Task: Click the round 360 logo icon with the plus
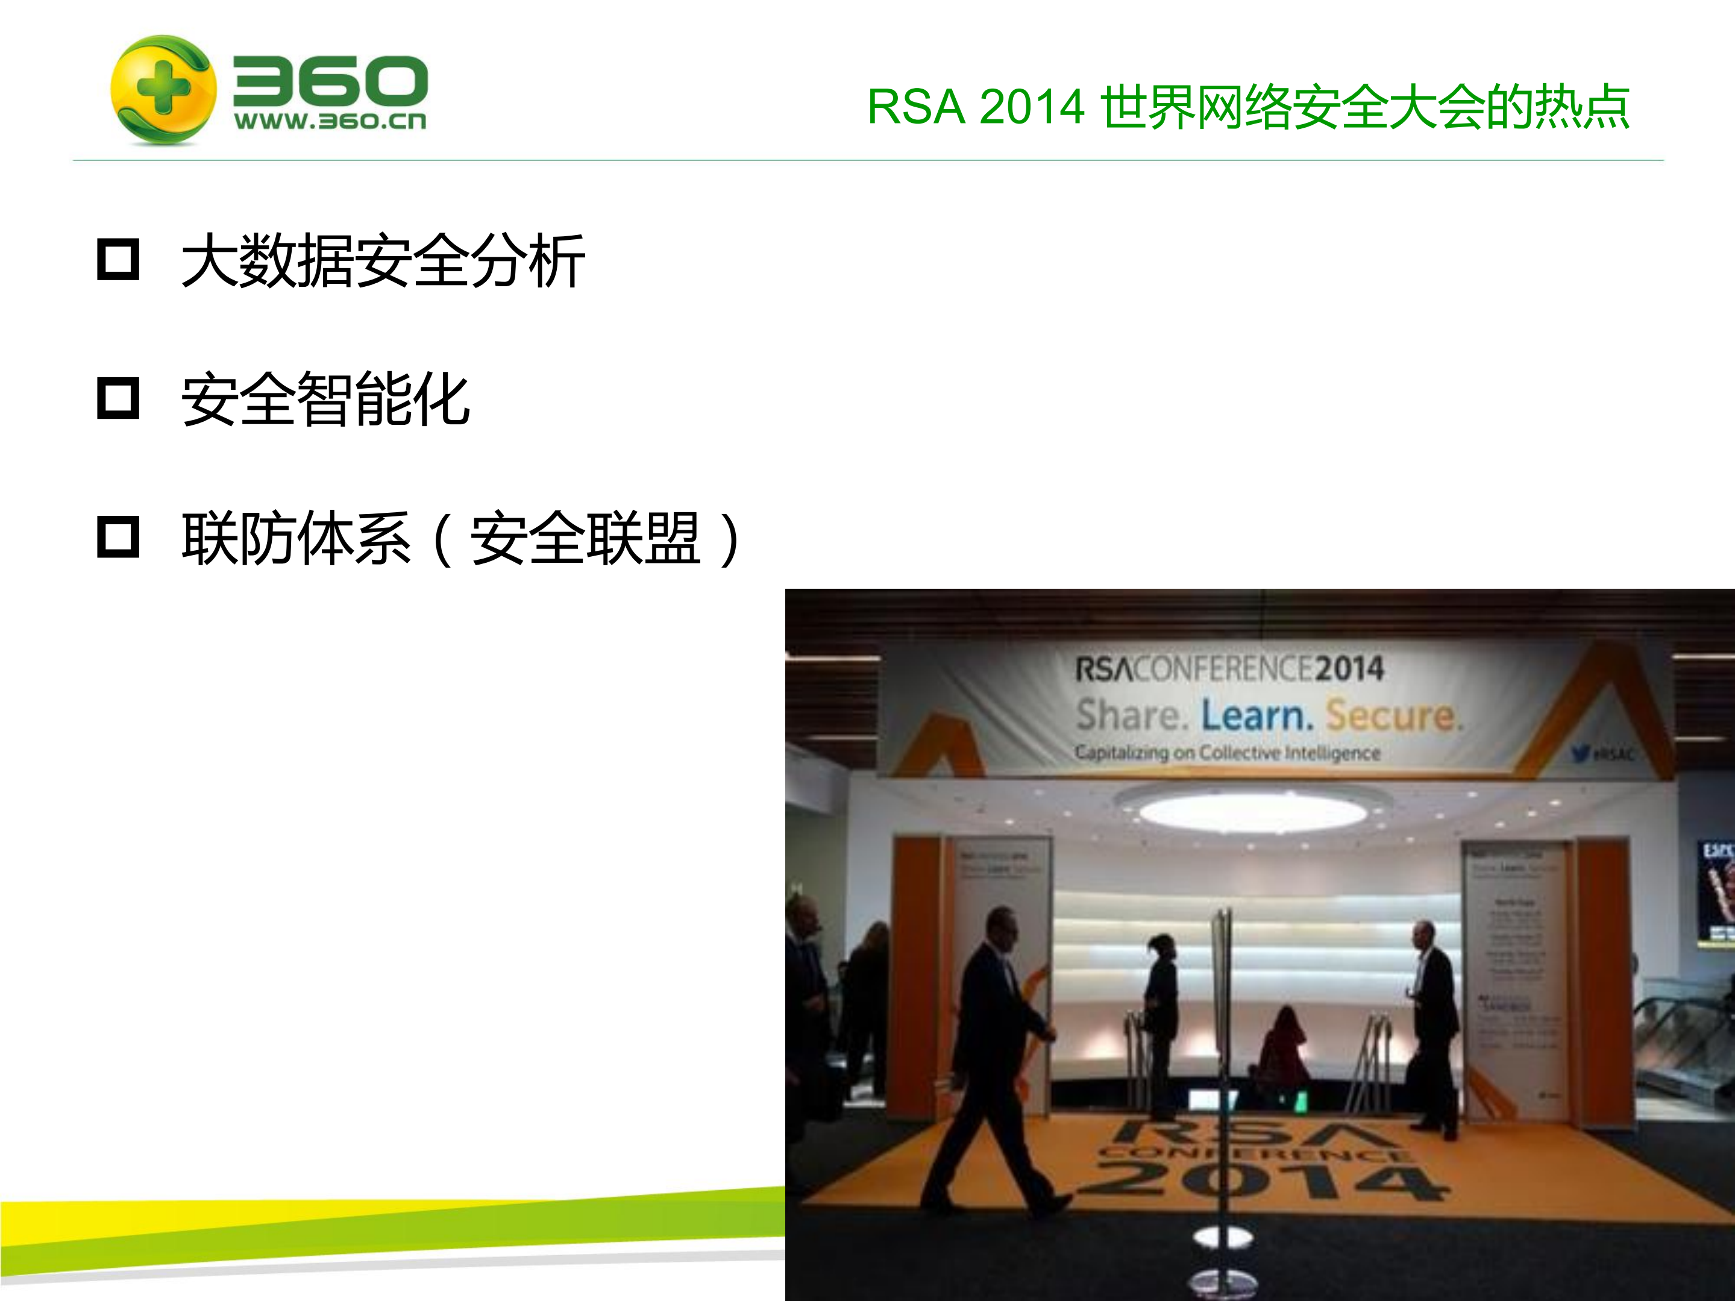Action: tap(163, 89)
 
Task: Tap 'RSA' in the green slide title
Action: tap(915, 107)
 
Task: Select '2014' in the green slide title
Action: tap(1032, 107)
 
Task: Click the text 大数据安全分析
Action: tap(383, 261)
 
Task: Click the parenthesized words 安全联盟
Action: tap(585, 539)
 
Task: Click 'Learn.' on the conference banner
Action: tap(1257, 716)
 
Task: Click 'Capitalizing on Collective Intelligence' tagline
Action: tap(1227, 753)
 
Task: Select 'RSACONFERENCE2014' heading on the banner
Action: tap(1229, 669)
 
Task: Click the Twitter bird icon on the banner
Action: tap(1581, 754)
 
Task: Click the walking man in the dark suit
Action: tap(998, 1043)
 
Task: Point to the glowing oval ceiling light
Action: tap(1253, 812)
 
